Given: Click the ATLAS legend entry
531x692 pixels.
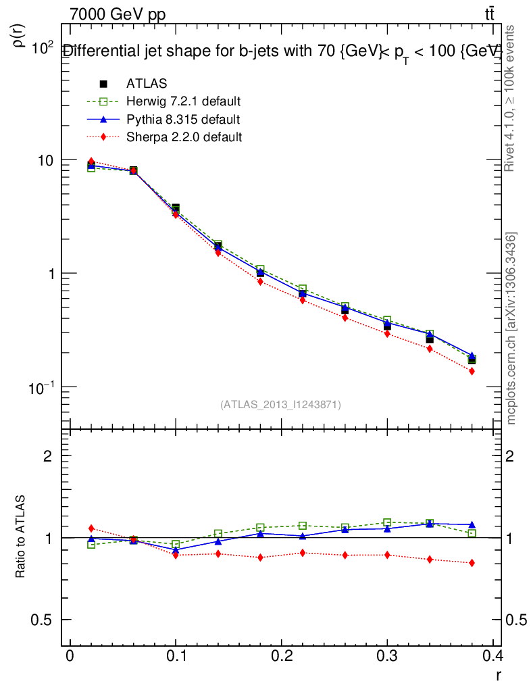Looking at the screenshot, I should (x=147, y=84).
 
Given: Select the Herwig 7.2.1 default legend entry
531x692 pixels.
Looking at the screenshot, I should (x=183, y=102).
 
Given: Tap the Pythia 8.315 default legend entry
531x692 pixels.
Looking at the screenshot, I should (x=182, y=120).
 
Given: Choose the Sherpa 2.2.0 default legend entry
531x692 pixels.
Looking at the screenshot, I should (x=184, y=137).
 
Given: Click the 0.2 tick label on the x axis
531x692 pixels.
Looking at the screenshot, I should (x=281, y=656).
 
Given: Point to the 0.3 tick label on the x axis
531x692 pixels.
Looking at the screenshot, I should (x=387, y=656).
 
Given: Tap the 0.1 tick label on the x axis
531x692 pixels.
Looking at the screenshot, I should (x=175, y=656).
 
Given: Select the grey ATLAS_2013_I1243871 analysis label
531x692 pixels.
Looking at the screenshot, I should (x=280, y=405).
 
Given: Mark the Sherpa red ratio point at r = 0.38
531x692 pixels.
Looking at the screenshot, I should (x=472, y=563).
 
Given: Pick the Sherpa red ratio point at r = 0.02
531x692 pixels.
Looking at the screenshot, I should (x=91, y=528).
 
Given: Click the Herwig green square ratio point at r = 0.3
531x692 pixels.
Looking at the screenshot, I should (x=387, y=522).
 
